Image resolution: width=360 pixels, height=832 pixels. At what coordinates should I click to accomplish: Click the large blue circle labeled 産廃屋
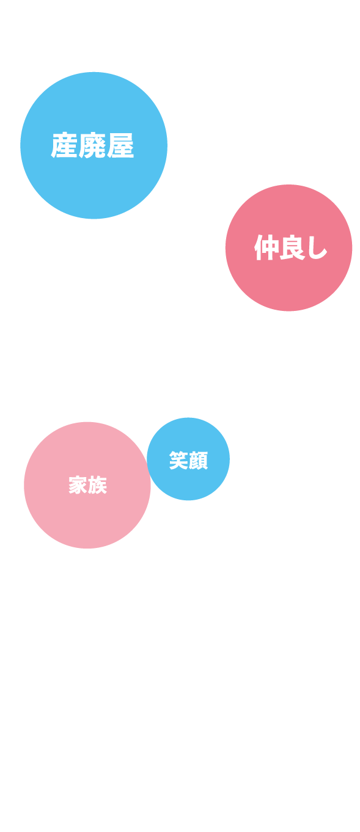tap(94, 145)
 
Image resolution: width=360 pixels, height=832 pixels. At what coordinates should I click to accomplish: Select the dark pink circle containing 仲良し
tap(288, 248)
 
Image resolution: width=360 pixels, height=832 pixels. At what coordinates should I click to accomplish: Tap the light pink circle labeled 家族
tap(87, 485)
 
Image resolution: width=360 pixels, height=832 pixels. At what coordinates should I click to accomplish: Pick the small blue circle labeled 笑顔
tap(188, 459)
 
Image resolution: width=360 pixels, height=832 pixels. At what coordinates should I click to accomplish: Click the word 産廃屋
tap(92, 145)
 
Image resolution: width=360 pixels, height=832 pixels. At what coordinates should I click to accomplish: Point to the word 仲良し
tap(290, 248)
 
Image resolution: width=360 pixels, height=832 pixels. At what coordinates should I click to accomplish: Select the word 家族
tap(87, 485)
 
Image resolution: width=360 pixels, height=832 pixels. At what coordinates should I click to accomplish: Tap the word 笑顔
tap(188, 461)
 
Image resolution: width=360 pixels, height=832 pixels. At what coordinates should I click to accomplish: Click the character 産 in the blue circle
tap(64, 145)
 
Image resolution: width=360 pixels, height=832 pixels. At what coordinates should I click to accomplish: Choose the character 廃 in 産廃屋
tap(92, 145)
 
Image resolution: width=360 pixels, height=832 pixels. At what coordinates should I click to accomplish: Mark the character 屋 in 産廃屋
tap(121, 145)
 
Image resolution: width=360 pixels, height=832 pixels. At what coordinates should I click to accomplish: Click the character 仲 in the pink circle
tap(266, 248)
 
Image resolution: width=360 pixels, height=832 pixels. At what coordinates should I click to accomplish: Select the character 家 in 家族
tap(78, 485)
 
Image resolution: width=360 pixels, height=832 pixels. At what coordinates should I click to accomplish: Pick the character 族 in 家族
tap(98, 485)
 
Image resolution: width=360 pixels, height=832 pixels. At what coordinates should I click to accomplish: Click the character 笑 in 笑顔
tap(178, 461)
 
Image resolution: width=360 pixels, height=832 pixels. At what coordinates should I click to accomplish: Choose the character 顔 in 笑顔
tap(199, 461)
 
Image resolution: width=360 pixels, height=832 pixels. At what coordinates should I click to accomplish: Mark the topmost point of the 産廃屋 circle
tap(94, 72)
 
